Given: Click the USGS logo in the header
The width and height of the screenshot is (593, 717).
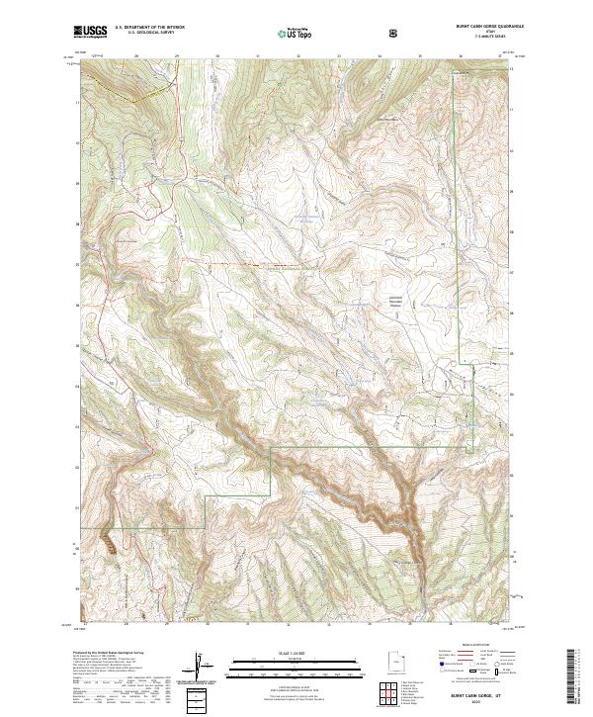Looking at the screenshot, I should [91, 33].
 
